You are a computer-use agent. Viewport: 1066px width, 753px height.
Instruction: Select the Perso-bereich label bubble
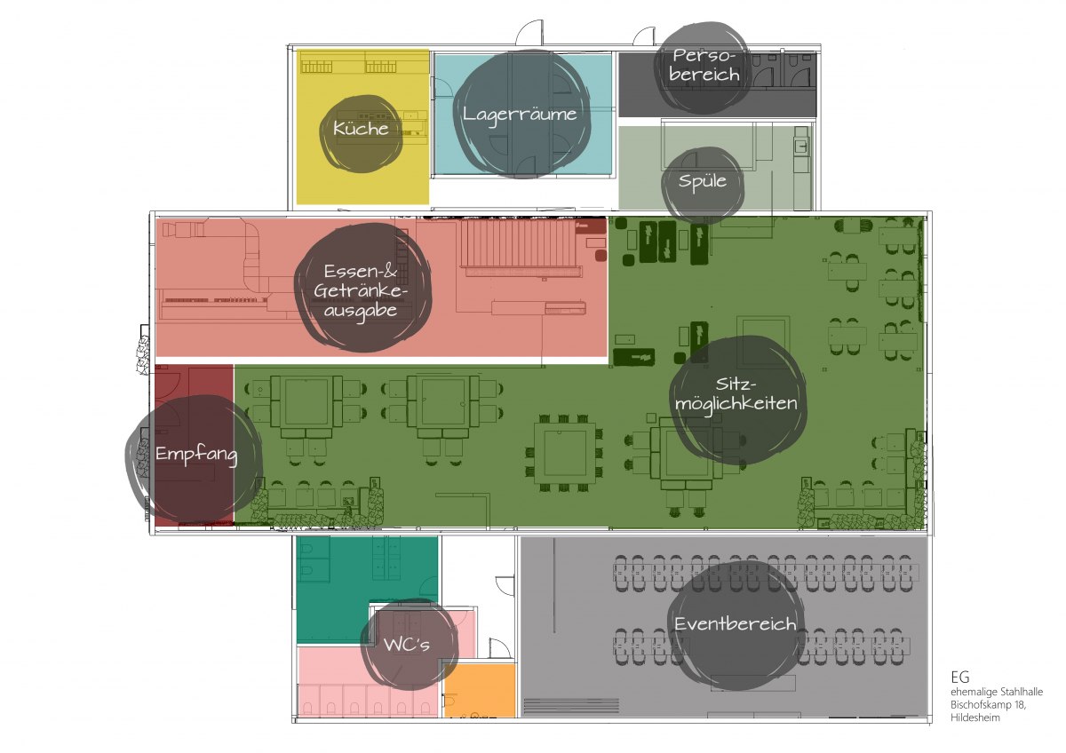point(702,67)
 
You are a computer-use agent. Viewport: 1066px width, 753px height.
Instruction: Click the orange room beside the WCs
point(480,690)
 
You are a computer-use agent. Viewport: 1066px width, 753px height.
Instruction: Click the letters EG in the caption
point(960,678)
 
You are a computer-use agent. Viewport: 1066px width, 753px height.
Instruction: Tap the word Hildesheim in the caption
point(975,717)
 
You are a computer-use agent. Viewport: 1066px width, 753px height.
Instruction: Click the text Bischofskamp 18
point(989,704)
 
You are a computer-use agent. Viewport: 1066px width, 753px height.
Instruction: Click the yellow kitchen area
point(362,127)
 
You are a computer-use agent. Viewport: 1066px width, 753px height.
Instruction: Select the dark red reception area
point(195,445)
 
